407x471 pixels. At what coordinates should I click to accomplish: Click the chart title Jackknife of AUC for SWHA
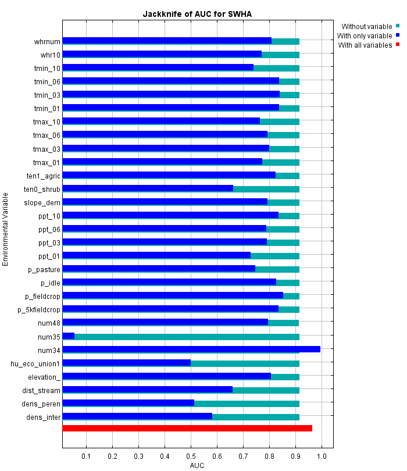pyautogui.click(x=197, y=14)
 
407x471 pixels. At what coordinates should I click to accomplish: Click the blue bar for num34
pyautogui.click(x=191, y=349)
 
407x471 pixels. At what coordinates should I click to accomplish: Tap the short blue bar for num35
pyautogui.click(x=69, y=336)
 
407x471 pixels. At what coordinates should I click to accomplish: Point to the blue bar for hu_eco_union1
pyautogui.click(x=127, y=362)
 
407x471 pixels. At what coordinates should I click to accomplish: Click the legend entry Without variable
pyautogui.click(x=366, y=26)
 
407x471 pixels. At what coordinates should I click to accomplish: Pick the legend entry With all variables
pyautogui.click(x=365, y=45)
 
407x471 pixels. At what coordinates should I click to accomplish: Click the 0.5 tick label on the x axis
pyautogui.click(x=191, y=455)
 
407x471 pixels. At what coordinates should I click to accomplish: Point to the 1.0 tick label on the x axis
pyautogui.click(x=322, y=455)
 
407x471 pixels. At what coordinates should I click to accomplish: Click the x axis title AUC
pyautogui.click(x=197, y=465)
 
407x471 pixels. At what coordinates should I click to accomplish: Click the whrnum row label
pyautogui.click(x=47, y=41)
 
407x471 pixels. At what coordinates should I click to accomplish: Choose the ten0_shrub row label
pyautogui.click(x=42, y=189)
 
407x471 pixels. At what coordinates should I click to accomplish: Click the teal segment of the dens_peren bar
pyautogui.click(x=247, y=403)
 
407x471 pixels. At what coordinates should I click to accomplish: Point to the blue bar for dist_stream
pyautogui.click(x=148, y=389)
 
